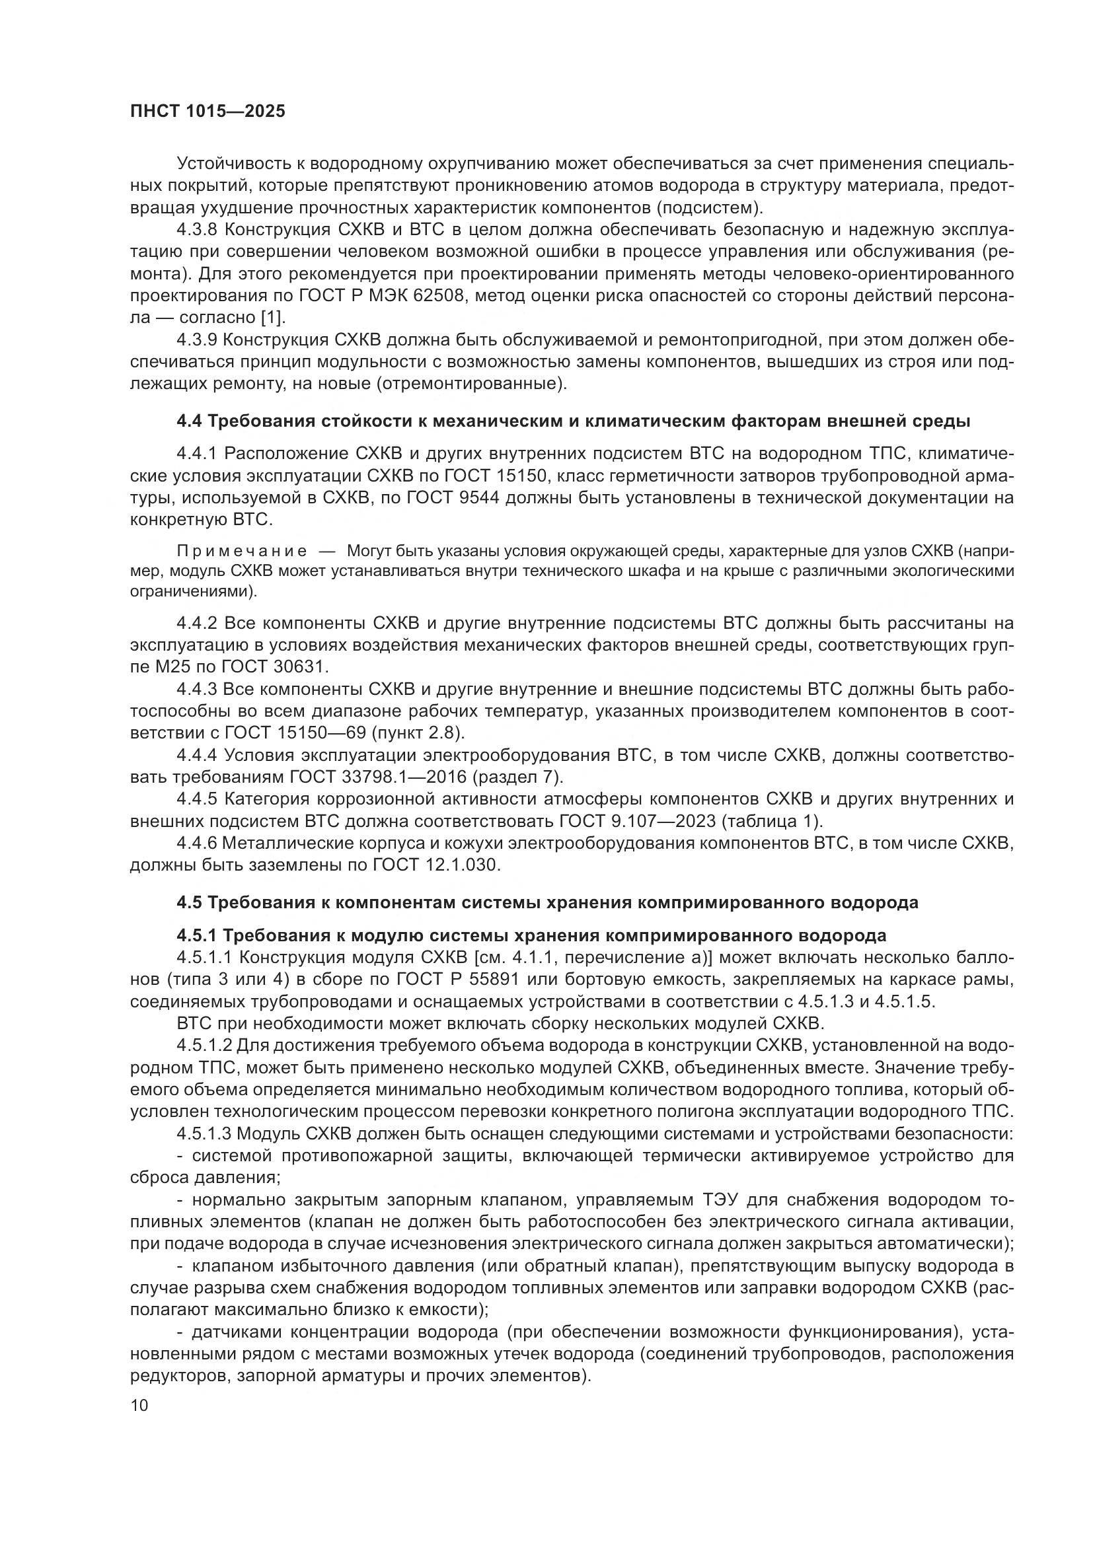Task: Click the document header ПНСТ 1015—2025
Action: tap(207, 111)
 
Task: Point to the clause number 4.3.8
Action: tap(196, 230)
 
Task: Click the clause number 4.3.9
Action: tap(196, 340)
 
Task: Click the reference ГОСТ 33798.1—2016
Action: tap(378, 777)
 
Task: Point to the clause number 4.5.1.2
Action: tap(205, 1045)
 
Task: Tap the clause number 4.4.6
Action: tap(196, 842)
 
